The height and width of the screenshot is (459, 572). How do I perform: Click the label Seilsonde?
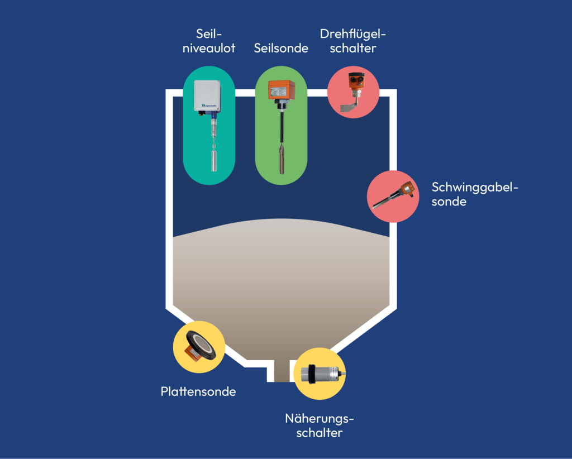point(281,48)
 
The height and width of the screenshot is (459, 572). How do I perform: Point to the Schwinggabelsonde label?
point(475,194)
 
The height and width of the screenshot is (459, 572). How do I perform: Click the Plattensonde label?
point(198,391)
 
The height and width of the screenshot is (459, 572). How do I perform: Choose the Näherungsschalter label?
point(320,425)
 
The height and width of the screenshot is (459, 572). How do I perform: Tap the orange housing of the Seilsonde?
point(281,89)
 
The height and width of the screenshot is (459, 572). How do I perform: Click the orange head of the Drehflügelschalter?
point(354,82)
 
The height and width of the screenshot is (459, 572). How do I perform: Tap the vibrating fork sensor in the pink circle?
point(393,196)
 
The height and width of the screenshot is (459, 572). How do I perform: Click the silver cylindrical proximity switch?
point(318,374)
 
